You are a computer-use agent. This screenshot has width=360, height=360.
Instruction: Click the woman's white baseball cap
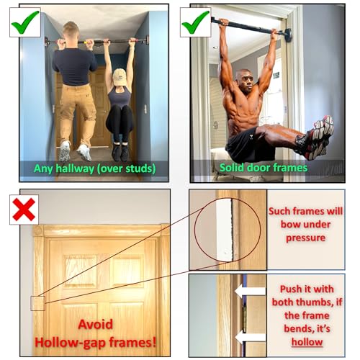[118, 75]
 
